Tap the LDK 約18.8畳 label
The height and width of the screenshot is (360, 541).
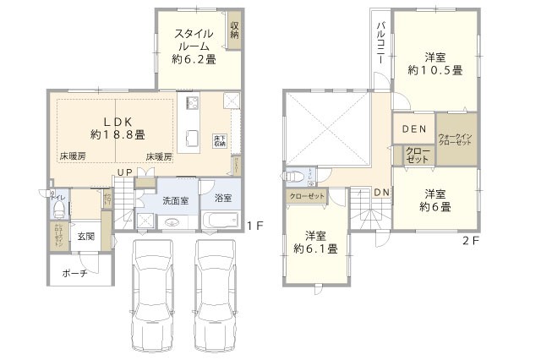(x=117, y=128)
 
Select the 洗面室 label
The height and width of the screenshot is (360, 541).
(x=175, y=202)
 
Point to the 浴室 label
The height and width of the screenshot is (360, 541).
(x=223, y=199)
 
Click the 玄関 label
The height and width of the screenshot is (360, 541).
(x=84, y=236)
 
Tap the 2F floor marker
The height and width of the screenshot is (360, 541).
(x=470, y=241)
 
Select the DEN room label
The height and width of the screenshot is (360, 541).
(x=413, y=129)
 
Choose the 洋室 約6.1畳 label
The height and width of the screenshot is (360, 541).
(x=314, y=243)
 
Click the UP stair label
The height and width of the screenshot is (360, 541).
(x=123, y=173)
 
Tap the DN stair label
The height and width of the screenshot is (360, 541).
(x=381, y=193)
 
